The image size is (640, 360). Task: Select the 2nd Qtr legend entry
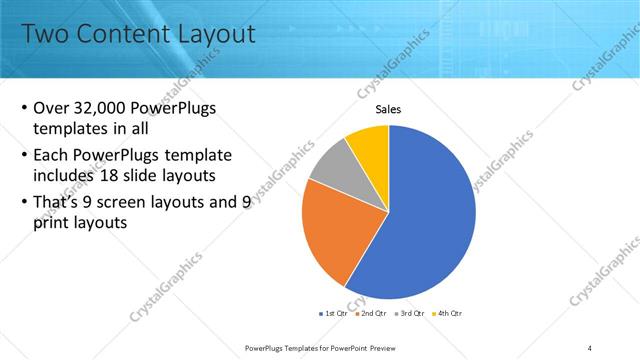pyautogui.click(x=370, y=313)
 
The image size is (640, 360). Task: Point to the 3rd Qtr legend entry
pyautogui.click(x=409, y=313)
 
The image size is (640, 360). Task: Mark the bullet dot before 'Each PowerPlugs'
pyautogui.click(x=24, y=156)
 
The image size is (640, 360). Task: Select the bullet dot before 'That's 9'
pyautogui.click(x=24, y=204)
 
